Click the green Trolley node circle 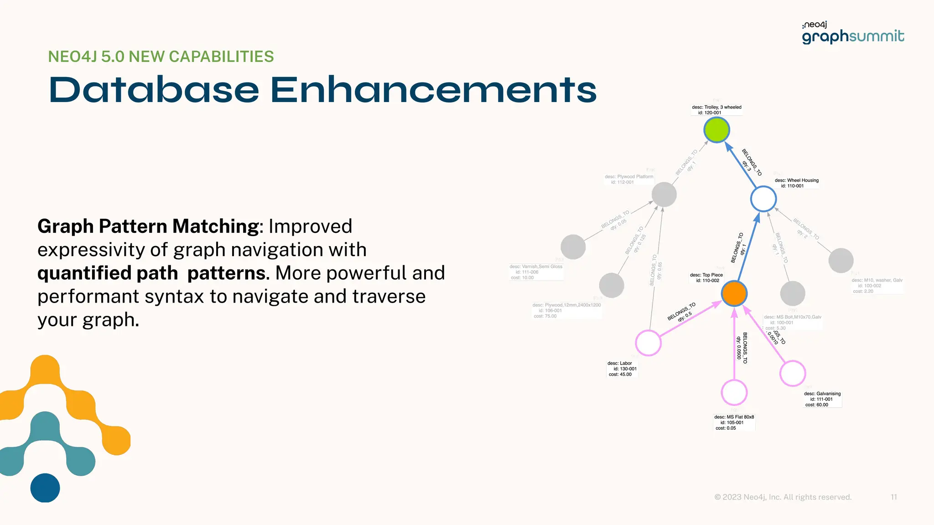(x=716, y=130)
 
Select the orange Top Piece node (x=734, y=293)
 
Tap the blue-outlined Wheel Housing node (x=763, y=199)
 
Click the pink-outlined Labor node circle (x=648, y=343)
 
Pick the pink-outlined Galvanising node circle (x=793, y=373)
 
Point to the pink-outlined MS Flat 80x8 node (x=734, y=392)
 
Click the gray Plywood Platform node (x=664, y=195)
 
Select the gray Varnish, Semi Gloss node (x=573, y=247)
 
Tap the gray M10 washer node (x=841, y=261)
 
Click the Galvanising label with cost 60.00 (x=822, y=399)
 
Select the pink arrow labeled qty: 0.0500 (x=734, y=346)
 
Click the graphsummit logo (x=853, y=33)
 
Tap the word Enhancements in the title (x=433, y=90)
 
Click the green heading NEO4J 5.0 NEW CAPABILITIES (x=161, y=57)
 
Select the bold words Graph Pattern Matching (x=148, y=226)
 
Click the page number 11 (x=893, y=497)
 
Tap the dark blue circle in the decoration (x=45, y=488)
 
